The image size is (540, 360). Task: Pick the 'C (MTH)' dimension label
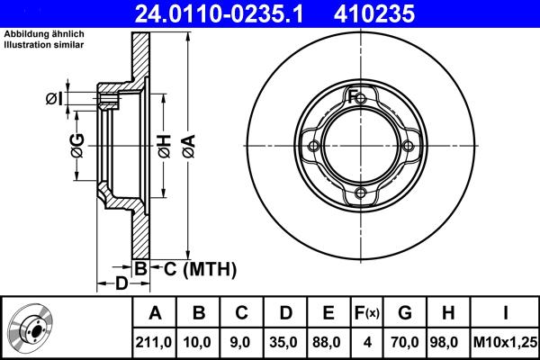click(x=193, y=268)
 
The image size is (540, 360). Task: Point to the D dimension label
click(x=120, y=284)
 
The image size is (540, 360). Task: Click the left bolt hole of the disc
click(x=314, y=148)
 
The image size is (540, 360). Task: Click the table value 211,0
click(x=154, y=343)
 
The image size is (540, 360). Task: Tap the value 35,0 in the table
click(x=285, y=343)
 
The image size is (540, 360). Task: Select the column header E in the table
click(x=328, y=313)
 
